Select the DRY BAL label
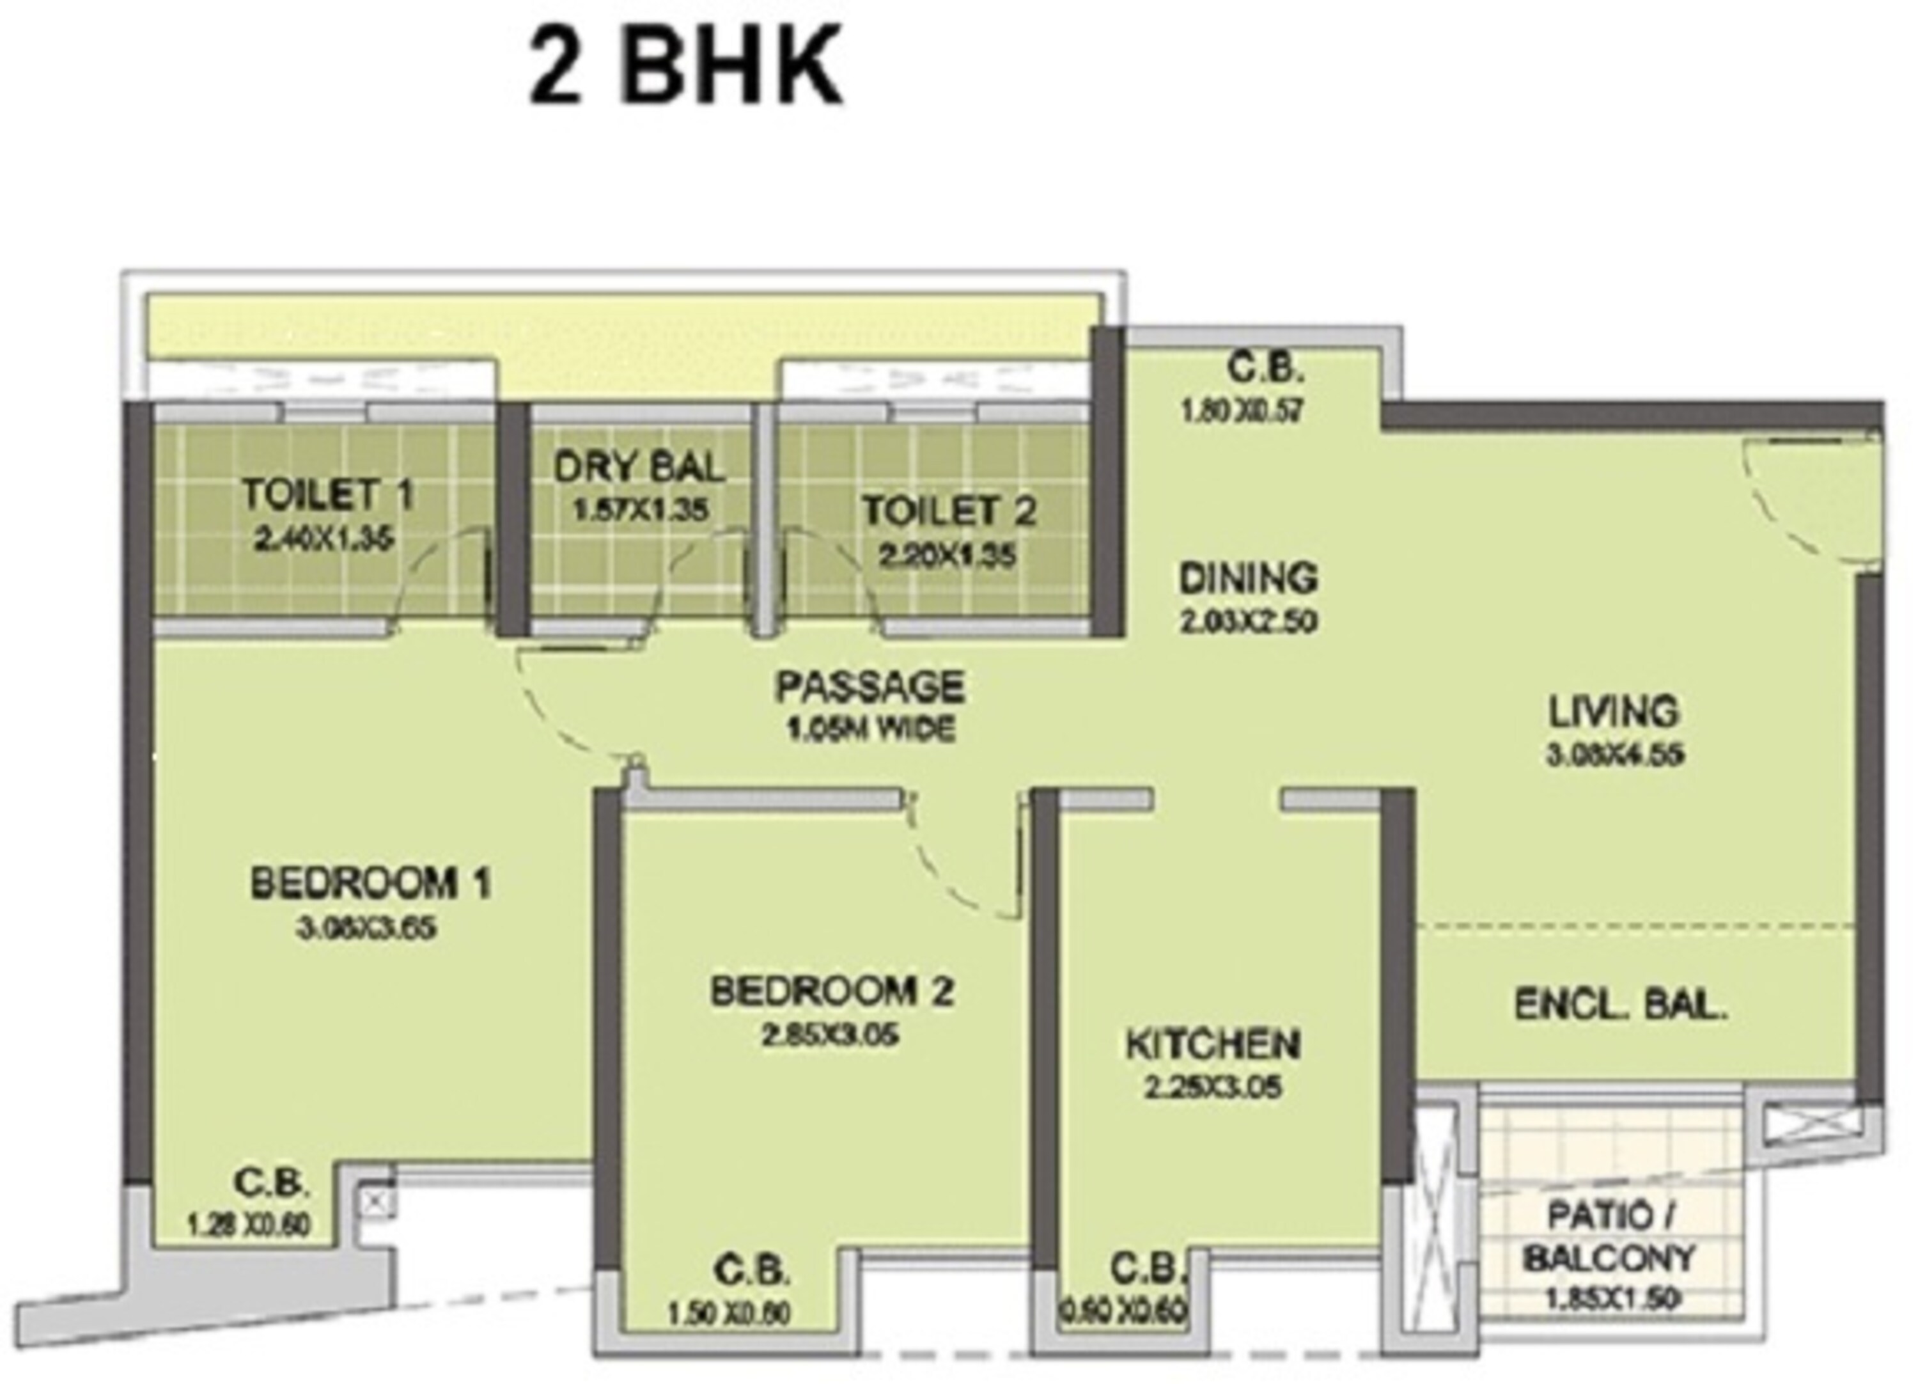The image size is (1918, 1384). [x=639, y=467]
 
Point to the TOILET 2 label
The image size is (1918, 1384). [x=949, y=511]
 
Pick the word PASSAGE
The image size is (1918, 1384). [x=870, y=686]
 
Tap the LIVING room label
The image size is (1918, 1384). [x=1612, y=711]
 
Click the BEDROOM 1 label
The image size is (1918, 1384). [x=370, y=884]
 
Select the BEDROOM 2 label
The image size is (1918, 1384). [x=832, y=991]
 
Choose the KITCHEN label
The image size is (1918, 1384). [x=1213, y=1045]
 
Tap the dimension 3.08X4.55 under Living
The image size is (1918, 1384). [x=1615, y=754]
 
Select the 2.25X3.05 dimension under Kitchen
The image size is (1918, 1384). [x=1213, y=1088]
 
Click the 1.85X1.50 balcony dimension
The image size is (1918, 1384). [x=1611, y=1298]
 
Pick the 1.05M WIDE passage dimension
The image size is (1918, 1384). [x=871, y=729]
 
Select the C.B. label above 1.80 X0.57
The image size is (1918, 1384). [x=1265, y=369]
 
